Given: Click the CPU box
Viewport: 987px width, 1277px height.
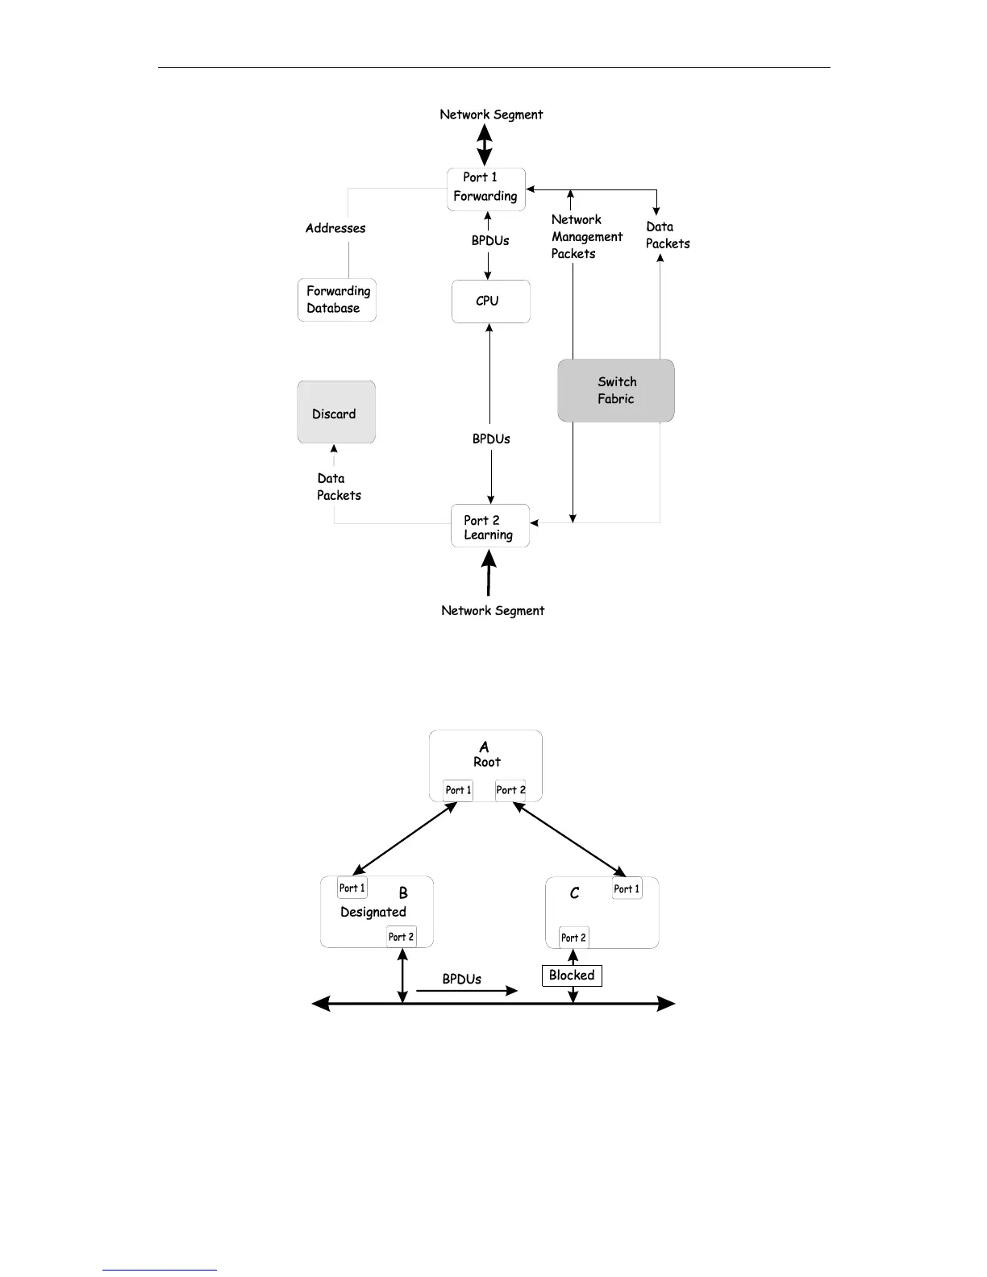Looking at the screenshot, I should click(x=490, y=302).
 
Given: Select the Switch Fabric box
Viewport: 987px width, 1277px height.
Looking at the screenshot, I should click(x=616, y=390).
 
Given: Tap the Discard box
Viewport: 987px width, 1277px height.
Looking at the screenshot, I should click(x=335, y=413).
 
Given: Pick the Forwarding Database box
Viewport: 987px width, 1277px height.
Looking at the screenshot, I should click(x=337, y=300).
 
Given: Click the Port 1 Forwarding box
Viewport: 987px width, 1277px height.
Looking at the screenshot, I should click(x=486, y=189).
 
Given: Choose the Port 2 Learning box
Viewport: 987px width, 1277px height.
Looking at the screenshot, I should click(x=490, y=526).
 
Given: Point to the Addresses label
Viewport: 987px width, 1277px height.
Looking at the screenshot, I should click(x=335, y=228).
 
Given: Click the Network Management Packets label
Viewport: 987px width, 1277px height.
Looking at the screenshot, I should click(x=585, y=236).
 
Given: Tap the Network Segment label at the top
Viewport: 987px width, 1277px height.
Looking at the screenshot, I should click(x=491, y=114).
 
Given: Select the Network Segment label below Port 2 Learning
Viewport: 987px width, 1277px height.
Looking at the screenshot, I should click(x=493, y=610).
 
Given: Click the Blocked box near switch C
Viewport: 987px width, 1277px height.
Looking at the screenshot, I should click(x=572, y=975).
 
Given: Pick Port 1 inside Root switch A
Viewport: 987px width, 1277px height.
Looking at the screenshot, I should click(x=458, y=790).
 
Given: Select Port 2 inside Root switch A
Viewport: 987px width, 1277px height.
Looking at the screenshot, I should click(x=510, y=790).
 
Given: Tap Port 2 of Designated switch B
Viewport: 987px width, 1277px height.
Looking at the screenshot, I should click(x=401, y=936).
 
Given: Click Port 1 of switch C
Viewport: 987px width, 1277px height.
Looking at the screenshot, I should click(x=627, y=888).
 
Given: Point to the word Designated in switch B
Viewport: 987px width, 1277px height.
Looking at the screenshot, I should click(x=373, y=912).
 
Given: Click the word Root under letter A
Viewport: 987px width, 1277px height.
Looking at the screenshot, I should click(x=487, y=762).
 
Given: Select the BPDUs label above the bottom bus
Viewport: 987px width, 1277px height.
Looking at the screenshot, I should click(x=461, y=979).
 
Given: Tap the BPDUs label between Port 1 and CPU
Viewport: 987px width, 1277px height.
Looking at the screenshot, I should click(x=490, y=240).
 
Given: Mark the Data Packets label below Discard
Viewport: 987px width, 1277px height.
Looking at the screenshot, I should click(x=339, y=487).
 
